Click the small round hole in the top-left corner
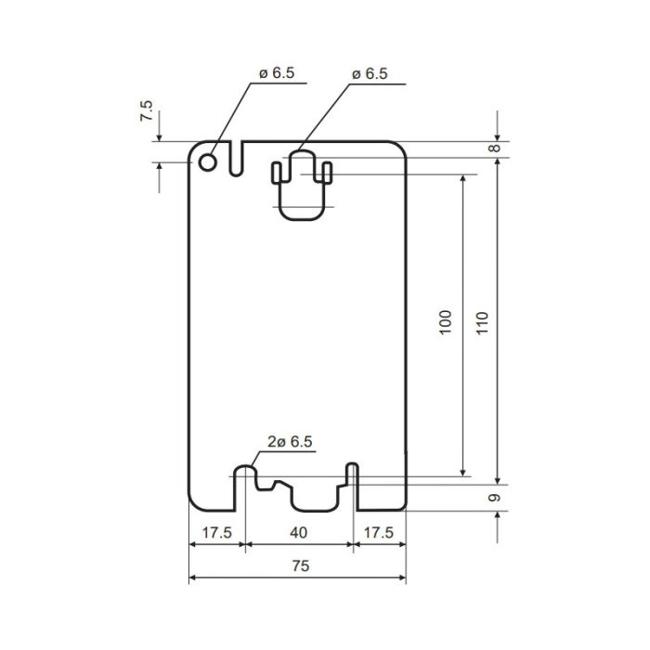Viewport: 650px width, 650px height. tap(207, 162)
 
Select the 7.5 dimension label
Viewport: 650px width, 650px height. tap(146, 110)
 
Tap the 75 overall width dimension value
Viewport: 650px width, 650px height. tap(301, 565)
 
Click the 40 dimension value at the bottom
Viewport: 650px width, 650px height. tap(298, 532)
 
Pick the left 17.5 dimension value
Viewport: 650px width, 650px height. tap(216, 532)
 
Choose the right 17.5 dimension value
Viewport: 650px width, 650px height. tap(379, 532)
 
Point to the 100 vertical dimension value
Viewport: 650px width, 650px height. tap(445, 322)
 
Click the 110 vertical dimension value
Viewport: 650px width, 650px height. tap(482, 323)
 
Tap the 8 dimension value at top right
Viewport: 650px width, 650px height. tap(494, 148)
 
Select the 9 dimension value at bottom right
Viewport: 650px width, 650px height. tap(494, 498)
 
